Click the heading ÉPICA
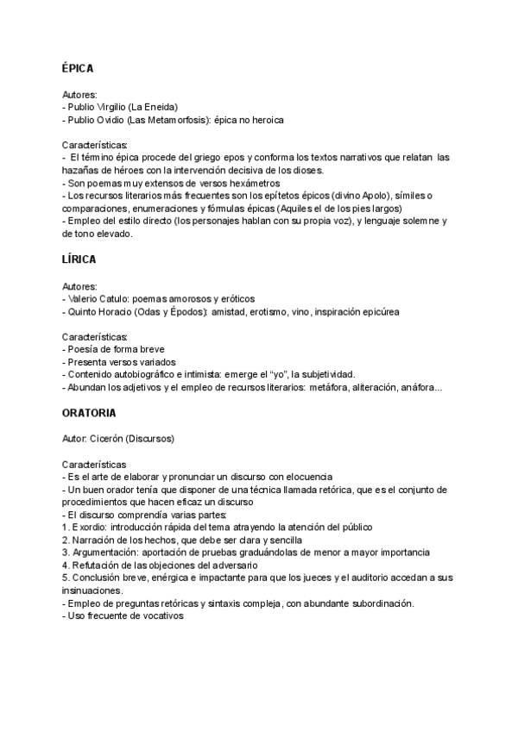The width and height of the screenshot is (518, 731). point(78,67)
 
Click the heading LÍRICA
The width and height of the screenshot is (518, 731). point(79,259)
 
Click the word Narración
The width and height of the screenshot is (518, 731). point(96,540)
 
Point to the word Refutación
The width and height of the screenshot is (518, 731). point(98,565)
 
